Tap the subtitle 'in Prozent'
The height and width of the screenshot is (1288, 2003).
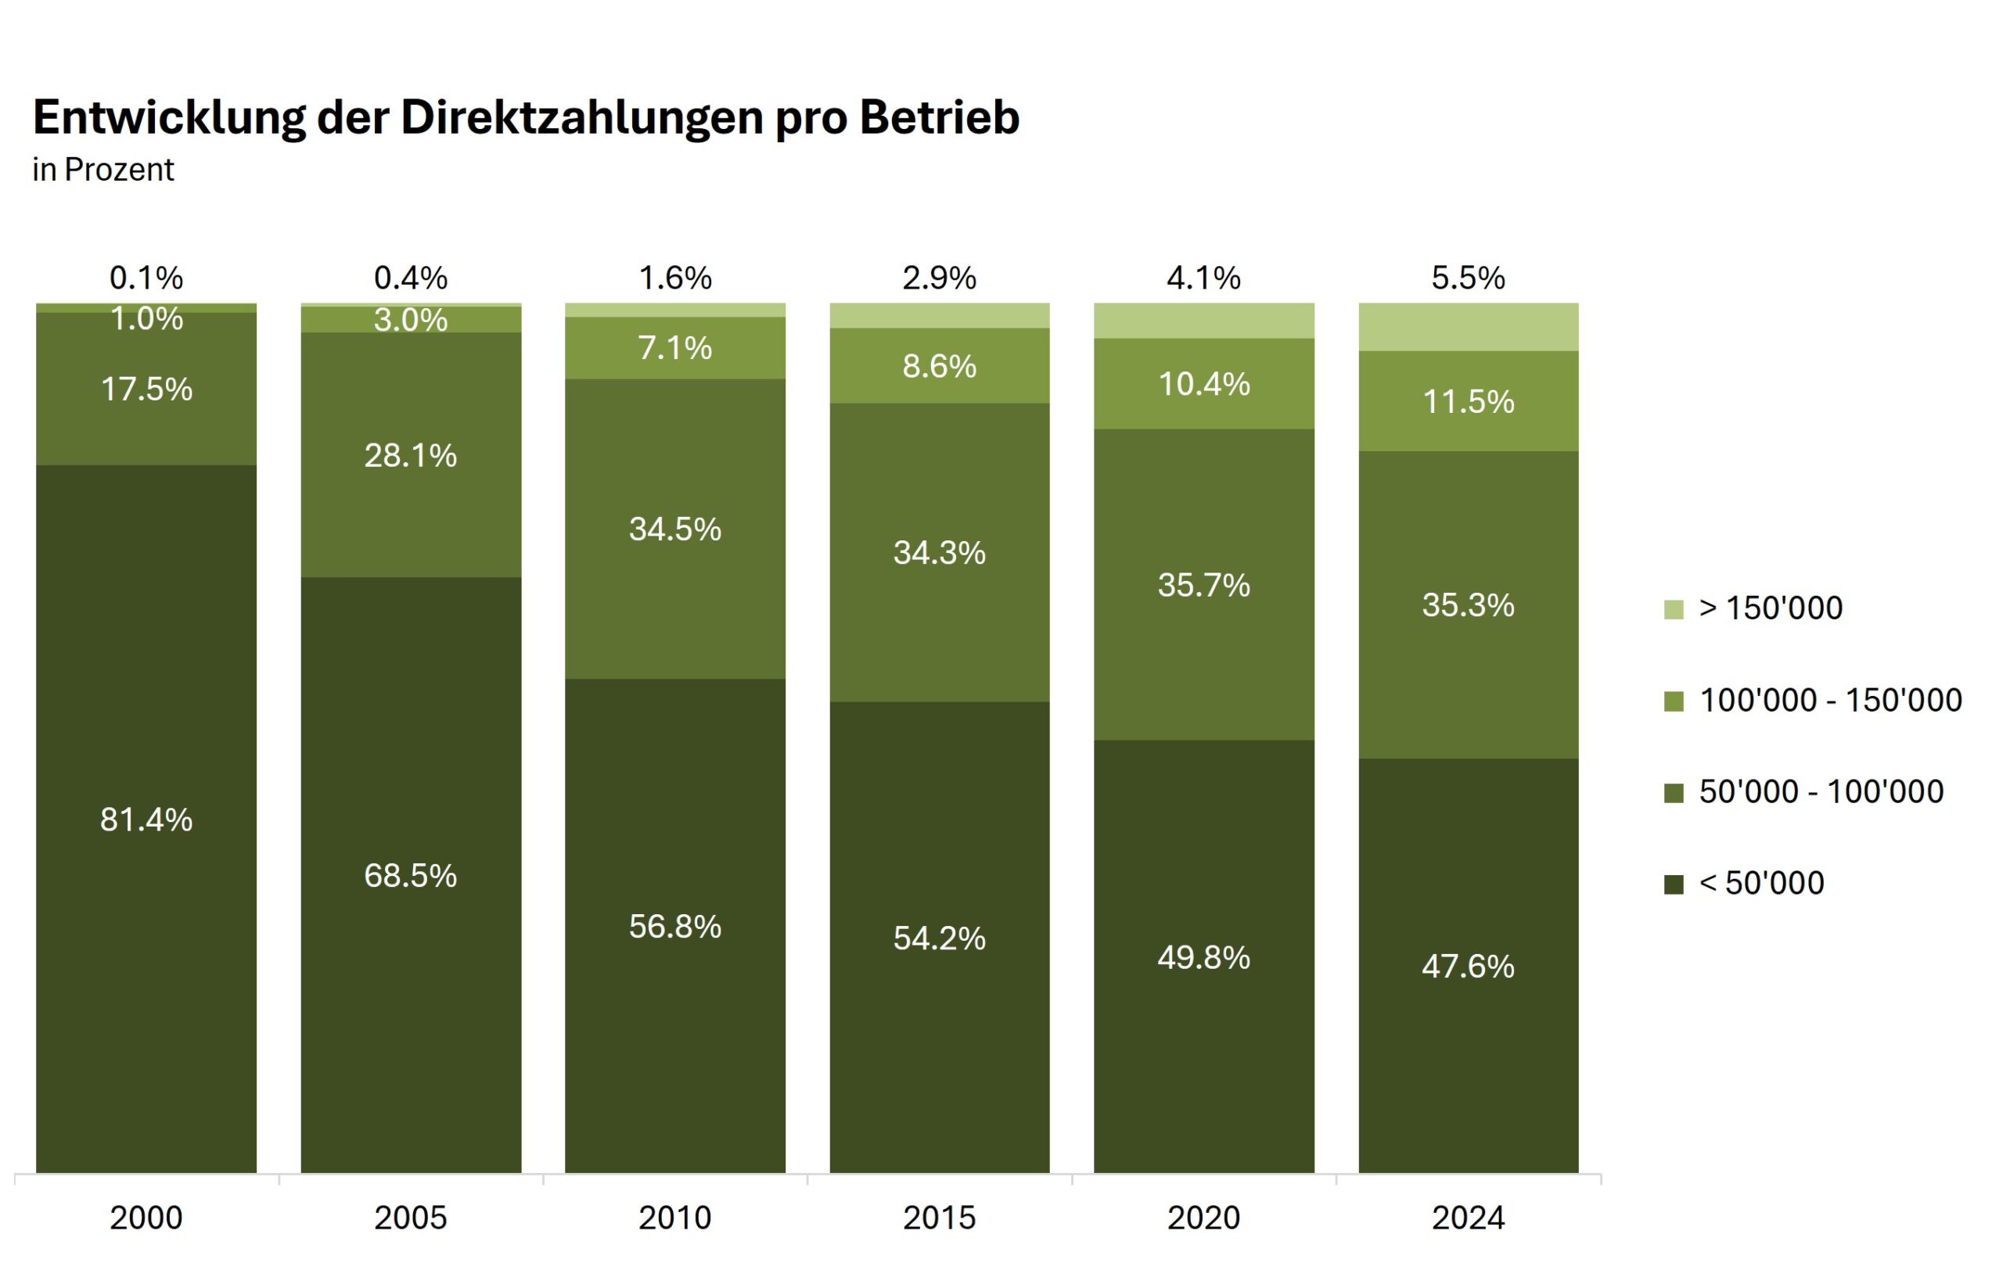click(103, 170)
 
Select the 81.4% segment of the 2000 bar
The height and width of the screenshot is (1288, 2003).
click(146, 820)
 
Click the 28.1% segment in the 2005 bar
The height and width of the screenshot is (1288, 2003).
click(410, 456)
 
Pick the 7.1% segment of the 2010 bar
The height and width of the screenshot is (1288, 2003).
click(674, 348)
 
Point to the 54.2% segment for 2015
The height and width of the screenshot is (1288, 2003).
click(939, 938)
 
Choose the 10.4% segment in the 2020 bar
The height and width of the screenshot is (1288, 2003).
click(1203, 384)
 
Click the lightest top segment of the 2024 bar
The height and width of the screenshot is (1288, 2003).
click(1468, 327)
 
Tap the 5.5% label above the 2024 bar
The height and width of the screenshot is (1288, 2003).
click(1468, 278)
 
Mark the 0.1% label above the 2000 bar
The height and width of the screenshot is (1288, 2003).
click(146, 278)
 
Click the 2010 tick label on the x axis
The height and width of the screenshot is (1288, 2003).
click(674, 1218)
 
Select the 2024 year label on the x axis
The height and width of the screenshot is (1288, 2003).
click(1468, 1218)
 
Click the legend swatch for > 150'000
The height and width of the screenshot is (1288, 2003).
click(1674, 609)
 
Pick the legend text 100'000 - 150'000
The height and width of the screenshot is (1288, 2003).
click(1830, 700)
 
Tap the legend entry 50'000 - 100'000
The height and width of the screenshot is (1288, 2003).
click(1821, 791)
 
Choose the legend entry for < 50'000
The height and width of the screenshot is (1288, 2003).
click(1761, 882)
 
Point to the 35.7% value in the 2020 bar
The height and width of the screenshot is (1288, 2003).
click(1203, 586)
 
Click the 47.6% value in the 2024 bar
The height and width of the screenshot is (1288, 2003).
click(1468, 967)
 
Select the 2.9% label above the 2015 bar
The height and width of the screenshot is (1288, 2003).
click(939, 278)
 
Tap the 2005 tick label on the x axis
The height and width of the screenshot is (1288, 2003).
click(410, 1218)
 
